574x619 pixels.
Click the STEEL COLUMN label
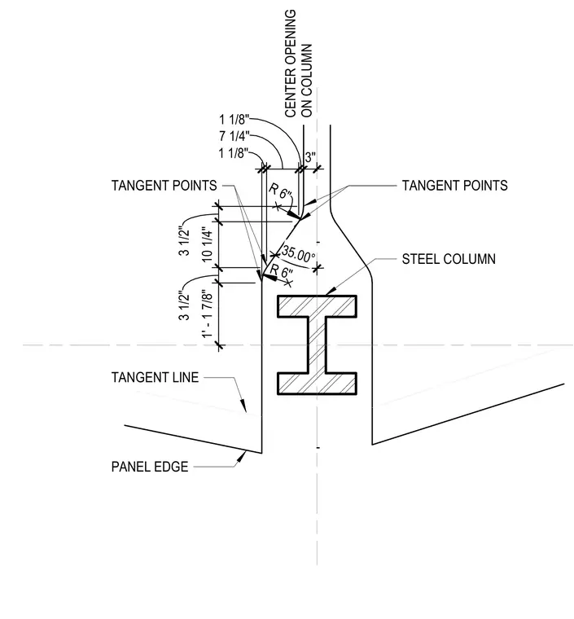click(449, 259)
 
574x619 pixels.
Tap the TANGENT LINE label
click(155, 377)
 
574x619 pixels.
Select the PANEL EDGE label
click(150, 467)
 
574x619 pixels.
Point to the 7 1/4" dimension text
click(234, 136)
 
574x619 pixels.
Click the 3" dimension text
click(310, 157)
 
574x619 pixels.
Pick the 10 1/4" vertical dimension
click(208, 244)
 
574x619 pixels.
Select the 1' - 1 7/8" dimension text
click(208, 314)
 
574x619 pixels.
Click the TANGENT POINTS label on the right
click(455, 186)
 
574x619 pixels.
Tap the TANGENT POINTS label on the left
click(164, 186)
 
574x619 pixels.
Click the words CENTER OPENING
click(291, 64)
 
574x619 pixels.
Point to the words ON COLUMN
click(306, 81)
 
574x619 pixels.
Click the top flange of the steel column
click(318, 306)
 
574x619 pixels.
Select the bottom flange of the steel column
click(318, 384)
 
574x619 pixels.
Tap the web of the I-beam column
click(318, 345)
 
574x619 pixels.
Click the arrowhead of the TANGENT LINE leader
click(243, 406)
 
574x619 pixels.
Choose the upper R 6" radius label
click(281, 192)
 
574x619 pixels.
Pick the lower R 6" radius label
click(282, 271)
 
